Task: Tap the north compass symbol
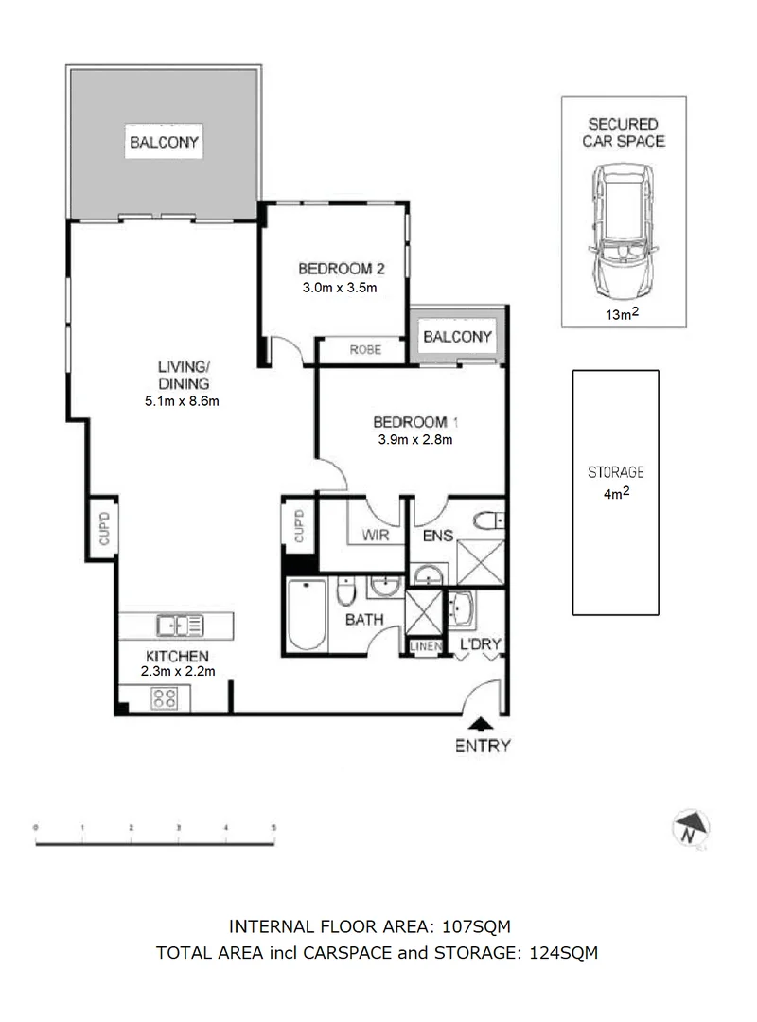click(694, 828)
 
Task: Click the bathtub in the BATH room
click(307, 614)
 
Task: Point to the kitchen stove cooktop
click(165, 699)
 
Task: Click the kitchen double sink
click(180, 625)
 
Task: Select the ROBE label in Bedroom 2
click(364, 349)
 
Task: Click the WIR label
click(376, 537)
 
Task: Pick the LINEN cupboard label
click(423, 646)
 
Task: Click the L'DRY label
click(480, 645)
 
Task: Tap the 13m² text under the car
click(623, 315)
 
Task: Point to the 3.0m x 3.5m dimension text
click(338, 288)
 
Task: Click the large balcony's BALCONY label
click(165, 143)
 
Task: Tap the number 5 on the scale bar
click(273, 827)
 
